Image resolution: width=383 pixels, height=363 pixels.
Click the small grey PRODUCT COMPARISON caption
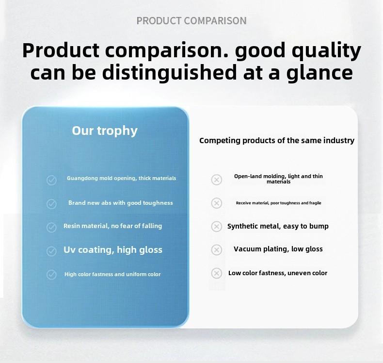pyautogui.click(x=191, y=21)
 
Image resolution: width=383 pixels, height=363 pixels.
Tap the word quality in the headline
pyautogui.click(x=326, y=51)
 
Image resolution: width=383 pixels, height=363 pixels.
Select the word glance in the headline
pyautogui.click(x=320, y=73)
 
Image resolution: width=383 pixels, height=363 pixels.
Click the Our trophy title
pyautogui.click(x=105, y=131)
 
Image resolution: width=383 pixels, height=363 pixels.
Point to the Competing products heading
pyautogui.click(x=277, y=141)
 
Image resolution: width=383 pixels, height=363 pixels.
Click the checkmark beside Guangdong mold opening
pyautogui.click(x=51, y=181)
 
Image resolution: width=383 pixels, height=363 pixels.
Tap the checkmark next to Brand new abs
pyautogui.click(x=51, y=204)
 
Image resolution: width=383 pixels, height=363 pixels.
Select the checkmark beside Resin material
pyautogui.click(x=51, y=227)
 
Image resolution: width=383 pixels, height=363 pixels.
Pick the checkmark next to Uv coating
pyautogui.click(x=51, y=251)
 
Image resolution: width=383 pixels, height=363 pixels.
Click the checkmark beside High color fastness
pyautogui.click(x=51, y=275)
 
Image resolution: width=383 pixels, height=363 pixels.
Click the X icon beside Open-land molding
pyautogui.click(x=216, y=180)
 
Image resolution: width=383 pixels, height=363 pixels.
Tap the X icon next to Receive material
pyautogui.click(x=216, y=203)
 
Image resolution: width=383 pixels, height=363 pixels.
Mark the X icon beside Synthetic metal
pyautogui.click(x=216, y=226)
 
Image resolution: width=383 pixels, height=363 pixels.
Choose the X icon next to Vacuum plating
pyautogui.click(x=216, y=250)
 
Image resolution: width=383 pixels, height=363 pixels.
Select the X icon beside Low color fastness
pyautogui.click(x=216, y=273)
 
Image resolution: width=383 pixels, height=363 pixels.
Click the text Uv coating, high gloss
pyautogui.click(x=113, y=250)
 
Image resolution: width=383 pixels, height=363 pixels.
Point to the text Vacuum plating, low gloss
pyautogui.click(x=278, y=249)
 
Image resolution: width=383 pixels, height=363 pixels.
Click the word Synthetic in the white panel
pyautogui.click(x=241, y=227)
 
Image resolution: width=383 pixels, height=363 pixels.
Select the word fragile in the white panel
pyautogui.click(x=315, y=203)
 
